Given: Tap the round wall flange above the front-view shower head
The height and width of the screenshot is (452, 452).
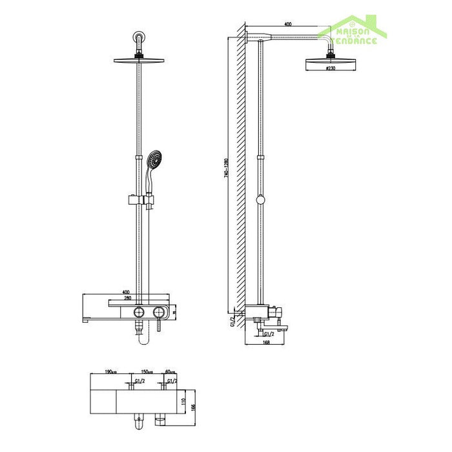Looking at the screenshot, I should (x=139, y=37).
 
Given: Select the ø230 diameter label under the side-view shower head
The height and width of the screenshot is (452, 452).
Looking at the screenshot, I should (x=331, y=67).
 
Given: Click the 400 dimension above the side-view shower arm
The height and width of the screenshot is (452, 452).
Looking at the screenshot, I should (x=287, y=25).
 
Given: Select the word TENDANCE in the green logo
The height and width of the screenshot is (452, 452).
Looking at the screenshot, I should (x=353, y=41).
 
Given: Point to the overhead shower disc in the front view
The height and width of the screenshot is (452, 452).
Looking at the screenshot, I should (x=139, y=61).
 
